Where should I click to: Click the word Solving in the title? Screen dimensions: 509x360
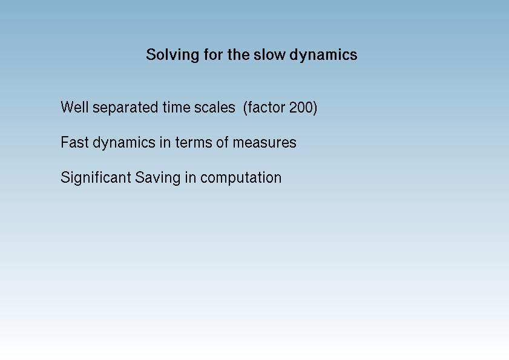[x=172, y=55]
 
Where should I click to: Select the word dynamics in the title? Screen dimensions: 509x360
[x=323, y=55]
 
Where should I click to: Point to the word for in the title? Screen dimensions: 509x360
[x=213, y=54]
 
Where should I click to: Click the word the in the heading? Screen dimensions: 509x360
[x=238, y=54]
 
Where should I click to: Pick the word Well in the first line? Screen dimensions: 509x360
[x=74, y=107]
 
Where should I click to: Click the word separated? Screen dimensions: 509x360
[x=126, y=108]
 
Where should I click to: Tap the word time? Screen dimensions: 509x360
[x=176, y=107]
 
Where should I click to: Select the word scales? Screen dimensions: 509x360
[x=215, y=107]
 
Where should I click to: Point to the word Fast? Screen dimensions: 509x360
[x=74, y=142]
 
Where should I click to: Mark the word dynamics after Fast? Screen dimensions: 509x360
[x=124, y=143]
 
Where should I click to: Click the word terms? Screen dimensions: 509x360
[x=194, y=142]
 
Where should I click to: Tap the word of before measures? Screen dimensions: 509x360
[x=222, y=142]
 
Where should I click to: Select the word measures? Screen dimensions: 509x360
[x=264, y=143]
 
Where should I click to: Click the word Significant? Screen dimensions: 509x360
[x=96, y=178]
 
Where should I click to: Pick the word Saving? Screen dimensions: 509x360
[x=157, y=178]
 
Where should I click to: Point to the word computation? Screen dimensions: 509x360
[x=241, y=178]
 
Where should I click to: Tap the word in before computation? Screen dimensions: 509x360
[x=191, y=177]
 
